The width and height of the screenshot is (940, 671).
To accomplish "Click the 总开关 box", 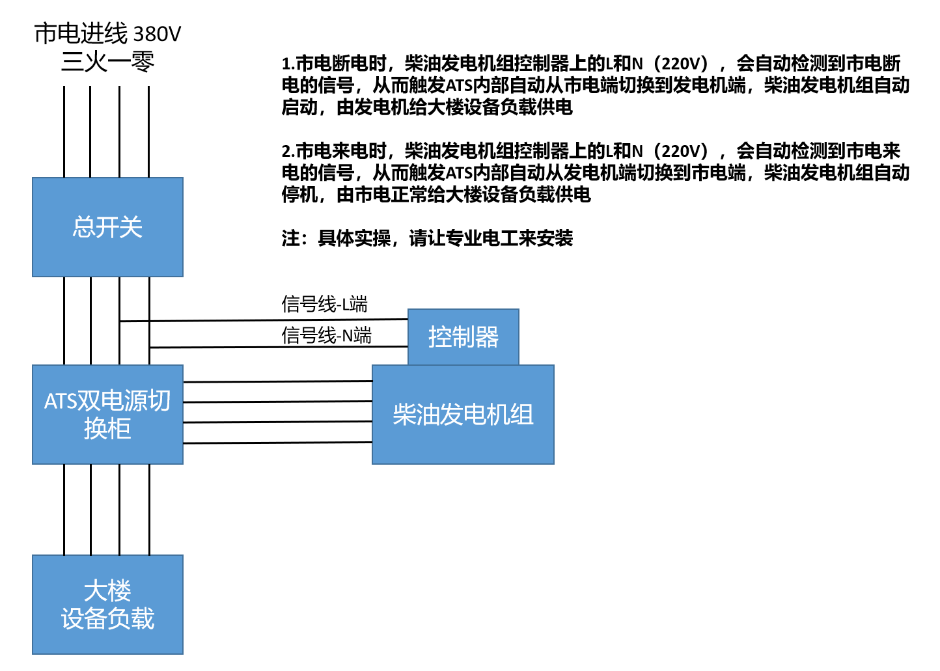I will tap(107, 227).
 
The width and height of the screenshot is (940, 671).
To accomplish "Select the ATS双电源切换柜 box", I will tap(107, 415).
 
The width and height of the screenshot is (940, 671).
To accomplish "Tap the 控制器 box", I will tap(463, 336).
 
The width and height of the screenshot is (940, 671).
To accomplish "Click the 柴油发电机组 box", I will tap(463, 415).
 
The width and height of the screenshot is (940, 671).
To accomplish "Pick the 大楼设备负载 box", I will tap(107, 605).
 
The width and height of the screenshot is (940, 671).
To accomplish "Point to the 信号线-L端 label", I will tap(324, 304).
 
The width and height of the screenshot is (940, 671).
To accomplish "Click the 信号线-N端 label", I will tap(326, 335).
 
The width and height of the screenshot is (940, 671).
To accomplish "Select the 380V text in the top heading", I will tap(157, 34).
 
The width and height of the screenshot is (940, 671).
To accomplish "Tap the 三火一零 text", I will tap(107, 62).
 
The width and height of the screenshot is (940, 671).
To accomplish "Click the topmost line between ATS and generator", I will tap(277, 381).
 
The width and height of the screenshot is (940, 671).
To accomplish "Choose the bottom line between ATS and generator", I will tap(277, 443).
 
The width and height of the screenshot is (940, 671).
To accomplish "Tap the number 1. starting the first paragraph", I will tap(288, 64).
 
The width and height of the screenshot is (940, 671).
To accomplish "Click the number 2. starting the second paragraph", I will tap(288, 152).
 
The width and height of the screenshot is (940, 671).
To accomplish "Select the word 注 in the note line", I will tap(290, 238).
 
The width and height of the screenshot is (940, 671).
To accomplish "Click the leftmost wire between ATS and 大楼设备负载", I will tap(64, 509).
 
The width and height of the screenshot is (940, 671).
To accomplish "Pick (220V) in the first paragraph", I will tap(680, 64).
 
